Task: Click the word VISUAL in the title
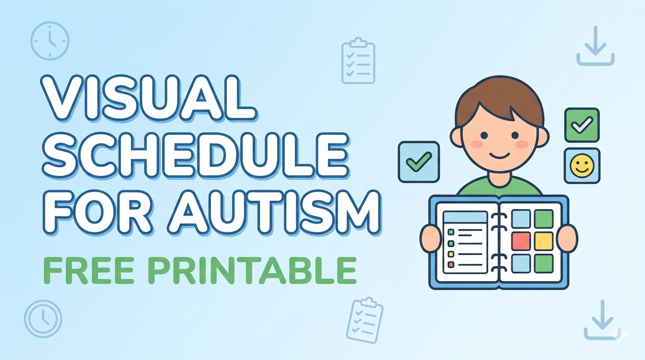coord(148,98)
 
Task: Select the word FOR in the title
coord(97,212)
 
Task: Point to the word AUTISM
coord(274,212)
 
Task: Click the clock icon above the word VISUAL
coord(50,41)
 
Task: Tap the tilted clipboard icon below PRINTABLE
coord(365,320)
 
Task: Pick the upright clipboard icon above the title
coord(358,60)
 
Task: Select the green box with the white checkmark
coord(582,125)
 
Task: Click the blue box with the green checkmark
coord(419,162)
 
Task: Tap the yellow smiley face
coord(582,166)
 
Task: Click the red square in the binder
coord(521,241)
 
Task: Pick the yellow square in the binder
coord(544,241)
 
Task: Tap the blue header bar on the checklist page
coord(465,217)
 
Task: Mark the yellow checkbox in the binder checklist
coord(451,254)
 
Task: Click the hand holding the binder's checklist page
coord(430,239)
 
